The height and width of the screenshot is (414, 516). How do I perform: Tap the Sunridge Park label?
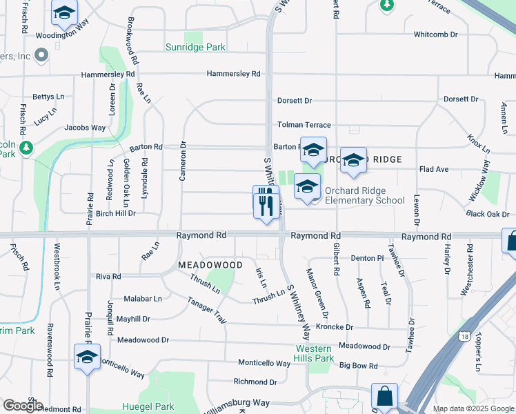coord(195,48)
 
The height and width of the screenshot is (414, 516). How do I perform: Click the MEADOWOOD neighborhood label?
coord(210,265)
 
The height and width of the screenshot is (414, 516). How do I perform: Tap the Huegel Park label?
coord(148,406)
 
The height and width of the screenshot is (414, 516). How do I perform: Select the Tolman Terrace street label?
coord(304,125)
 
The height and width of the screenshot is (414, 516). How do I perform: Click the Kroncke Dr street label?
coord(334,327)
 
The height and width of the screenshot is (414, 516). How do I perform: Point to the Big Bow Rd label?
coord(359,366)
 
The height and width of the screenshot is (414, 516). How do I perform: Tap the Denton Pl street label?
coord(367,258)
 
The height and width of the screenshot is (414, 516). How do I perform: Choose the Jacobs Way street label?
coord(85,128)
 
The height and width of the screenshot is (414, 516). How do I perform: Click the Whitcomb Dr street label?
coord(435,34)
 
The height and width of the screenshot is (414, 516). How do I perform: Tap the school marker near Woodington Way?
coord(64,12)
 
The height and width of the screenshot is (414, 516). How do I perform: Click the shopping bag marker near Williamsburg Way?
coord(384,397)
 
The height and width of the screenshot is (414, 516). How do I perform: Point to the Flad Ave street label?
coord(434,169)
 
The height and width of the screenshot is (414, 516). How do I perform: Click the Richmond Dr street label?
coord(255,382)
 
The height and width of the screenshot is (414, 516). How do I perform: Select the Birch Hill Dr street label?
coord(116,214)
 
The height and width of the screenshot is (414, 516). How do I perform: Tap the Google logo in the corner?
coord(22,406)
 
